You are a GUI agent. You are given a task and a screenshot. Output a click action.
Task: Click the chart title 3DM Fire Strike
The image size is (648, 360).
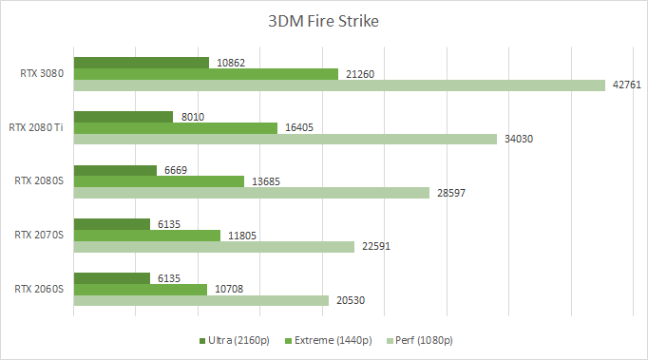tap(324, 21)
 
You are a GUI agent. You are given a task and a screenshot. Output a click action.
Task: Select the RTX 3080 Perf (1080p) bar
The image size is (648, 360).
tap(339, 85)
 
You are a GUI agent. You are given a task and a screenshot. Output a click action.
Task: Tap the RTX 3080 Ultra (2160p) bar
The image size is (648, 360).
tap(142, 63)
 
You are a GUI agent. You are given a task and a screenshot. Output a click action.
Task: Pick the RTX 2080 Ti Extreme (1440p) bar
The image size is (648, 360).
tap(176, 128)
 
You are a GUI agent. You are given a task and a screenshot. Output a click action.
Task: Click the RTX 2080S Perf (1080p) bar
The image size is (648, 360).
tap(252, 193)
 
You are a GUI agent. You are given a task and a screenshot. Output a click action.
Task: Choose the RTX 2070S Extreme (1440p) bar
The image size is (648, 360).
tap(147, 236)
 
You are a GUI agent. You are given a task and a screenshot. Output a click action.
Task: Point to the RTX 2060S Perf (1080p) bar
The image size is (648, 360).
tap(201, 300)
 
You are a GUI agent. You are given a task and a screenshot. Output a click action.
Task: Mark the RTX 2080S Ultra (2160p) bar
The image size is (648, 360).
tap(115, 171)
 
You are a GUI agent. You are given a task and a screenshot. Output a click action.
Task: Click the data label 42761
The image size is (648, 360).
tap(626, 85)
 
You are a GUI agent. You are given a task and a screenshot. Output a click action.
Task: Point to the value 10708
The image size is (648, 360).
tap(229, 289)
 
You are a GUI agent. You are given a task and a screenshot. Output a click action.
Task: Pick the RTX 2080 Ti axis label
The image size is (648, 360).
tap(36, 126)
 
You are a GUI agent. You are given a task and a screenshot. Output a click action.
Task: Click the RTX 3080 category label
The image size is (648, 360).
tap(42, 72)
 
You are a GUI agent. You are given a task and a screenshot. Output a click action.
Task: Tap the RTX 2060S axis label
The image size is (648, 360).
tap(40, 288)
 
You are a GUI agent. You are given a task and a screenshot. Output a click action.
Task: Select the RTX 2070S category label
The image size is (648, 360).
tap(40, 234)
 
